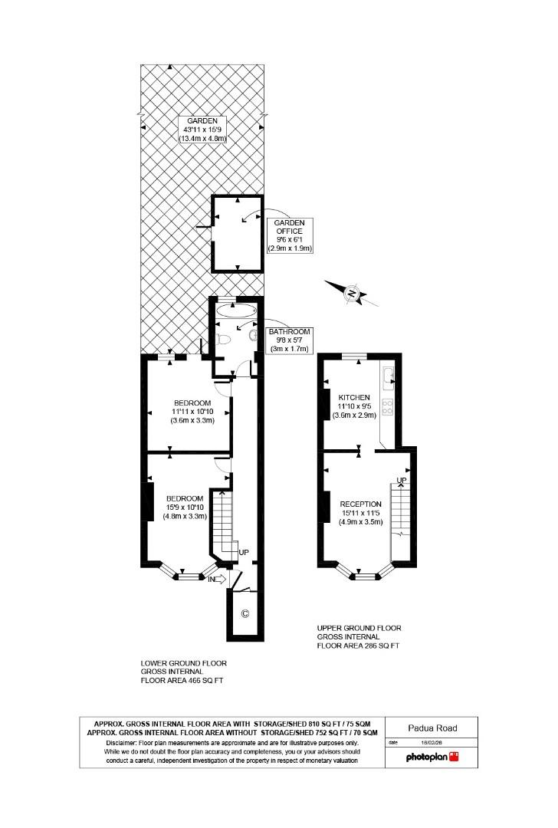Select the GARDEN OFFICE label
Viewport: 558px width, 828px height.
click(290, 235)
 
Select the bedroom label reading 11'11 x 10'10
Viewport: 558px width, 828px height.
click(192, 412)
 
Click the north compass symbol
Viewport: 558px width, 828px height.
click(351, 293)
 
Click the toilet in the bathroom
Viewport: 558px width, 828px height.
click(224, 338)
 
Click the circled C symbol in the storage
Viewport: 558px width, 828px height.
click(245, 613)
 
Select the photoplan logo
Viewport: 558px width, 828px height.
click(432, 757)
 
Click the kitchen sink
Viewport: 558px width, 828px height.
click(389, 376)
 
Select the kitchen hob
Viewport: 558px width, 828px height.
click(388, 406)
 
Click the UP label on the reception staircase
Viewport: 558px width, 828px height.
click(400, 480)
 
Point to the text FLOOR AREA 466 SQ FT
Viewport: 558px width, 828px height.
click(184, 680)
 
